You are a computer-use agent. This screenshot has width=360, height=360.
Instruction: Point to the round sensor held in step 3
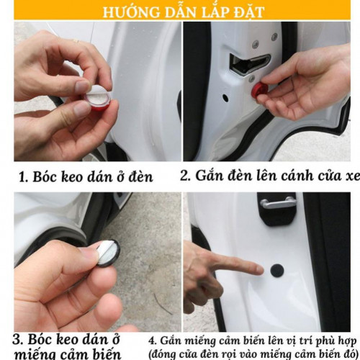(x=107, y=252)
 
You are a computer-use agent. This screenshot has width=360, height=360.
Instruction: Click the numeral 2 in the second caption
(x=184, y=175)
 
